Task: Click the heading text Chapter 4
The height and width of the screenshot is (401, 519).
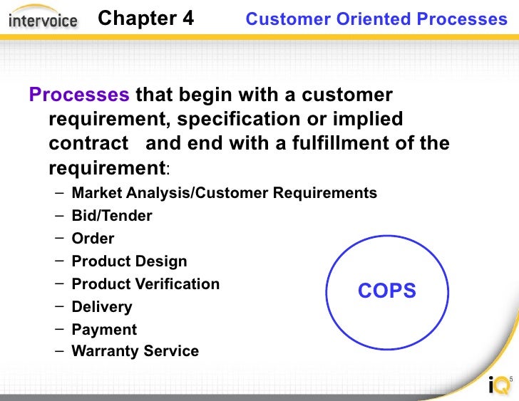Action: pyautogui.click(x=145, y=19)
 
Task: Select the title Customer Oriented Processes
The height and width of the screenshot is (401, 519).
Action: pyautogui.click(x=376, y=19)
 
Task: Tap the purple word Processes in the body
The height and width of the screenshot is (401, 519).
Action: pyautogui.click(x=78, y=95)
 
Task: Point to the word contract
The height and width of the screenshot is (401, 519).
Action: pyautogui.click(x=88, y=143)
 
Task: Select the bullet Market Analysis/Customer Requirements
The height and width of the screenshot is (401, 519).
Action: pyautogui.click(x=225, y=193)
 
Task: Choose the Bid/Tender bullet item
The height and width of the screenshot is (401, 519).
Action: pyautogui.click(x=112, y=216)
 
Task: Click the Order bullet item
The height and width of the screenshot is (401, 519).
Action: pyautogui.click(x=93, y=239)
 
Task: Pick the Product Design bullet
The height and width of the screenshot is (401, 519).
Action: pyautogui.click(x=129, y=261)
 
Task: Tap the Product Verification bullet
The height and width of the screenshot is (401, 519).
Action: pyautogui.click(x=145, y=284)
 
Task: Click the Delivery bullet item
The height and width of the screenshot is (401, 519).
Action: pyautogui.click(x=102, y=307)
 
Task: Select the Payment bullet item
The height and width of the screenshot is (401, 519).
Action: pyautogui.click(x=104, y=330)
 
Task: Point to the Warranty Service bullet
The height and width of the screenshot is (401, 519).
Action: pyautogui.click(x=135, y=351)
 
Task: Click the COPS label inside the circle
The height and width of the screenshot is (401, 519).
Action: pyautogui.click(x=387, y=291)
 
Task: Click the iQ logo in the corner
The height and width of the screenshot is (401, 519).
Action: pyautogui.click(x=499, y=385)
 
